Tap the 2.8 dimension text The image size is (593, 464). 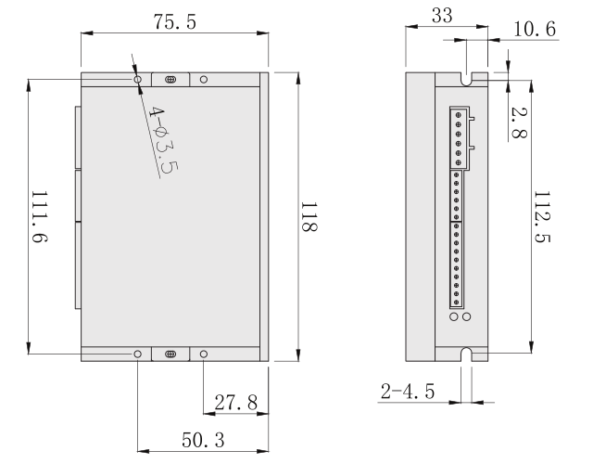(519, 122)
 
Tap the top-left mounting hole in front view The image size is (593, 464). (138, 80)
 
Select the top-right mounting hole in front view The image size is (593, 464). (204, 80)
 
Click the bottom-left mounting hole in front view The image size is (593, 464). (138, 354)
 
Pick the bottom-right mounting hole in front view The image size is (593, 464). (204, 354)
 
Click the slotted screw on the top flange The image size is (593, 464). (170, 80)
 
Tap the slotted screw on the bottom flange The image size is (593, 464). (170, 354)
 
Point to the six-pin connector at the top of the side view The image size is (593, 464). (458, 137)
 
